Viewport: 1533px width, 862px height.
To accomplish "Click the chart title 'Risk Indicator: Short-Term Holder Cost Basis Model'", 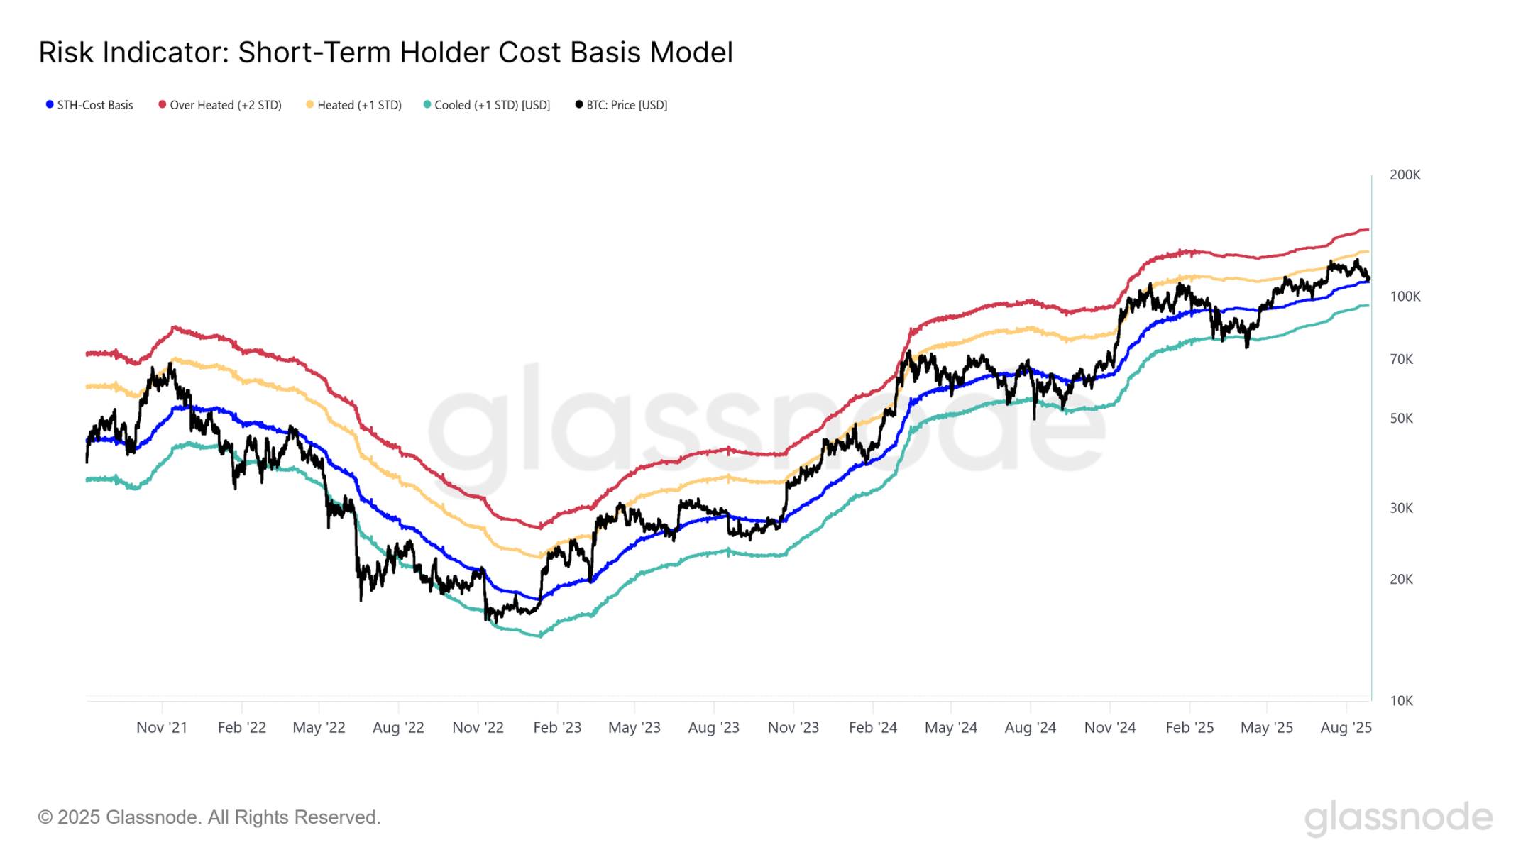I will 385,53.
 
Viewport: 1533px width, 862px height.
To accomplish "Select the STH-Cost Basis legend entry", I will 89,105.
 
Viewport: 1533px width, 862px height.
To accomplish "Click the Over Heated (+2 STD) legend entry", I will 220,105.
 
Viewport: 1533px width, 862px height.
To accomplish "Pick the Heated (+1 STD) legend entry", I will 354,105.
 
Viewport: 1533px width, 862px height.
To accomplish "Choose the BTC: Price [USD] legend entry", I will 622,105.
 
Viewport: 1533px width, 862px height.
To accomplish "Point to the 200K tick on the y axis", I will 1405,175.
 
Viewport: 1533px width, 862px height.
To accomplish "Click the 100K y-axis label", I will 1405,297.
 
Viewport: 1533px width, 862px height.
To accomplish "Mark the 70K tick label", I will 1401,360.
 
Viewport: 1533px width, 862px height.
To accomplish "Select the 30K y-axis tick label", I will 1401,508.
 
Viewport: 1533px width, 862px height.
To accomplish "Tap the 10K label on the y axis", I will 1401,701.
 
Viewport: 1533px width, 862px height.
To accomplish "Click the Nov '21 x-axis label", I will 162,727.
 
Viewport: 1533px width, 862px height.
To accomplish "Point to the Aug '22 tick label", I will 398,727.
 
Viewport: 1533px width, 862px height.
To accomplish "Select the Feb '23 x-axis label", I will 557,727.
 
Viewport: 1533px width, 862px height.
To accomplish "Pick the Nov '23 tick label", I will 793,727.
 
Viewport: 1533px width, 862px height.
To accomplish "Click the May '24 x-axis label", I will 950,727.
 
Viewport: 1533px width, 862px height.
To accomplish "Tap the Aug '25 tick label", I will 1346,727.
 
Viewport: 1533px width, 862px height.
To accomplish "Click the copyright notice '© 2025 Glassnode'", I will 209,817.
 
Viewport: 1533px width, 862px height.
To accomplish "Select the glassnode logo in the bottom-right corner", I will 1398,817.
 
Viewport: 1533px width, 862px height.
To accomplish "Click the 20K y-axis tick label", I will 1401,580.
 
